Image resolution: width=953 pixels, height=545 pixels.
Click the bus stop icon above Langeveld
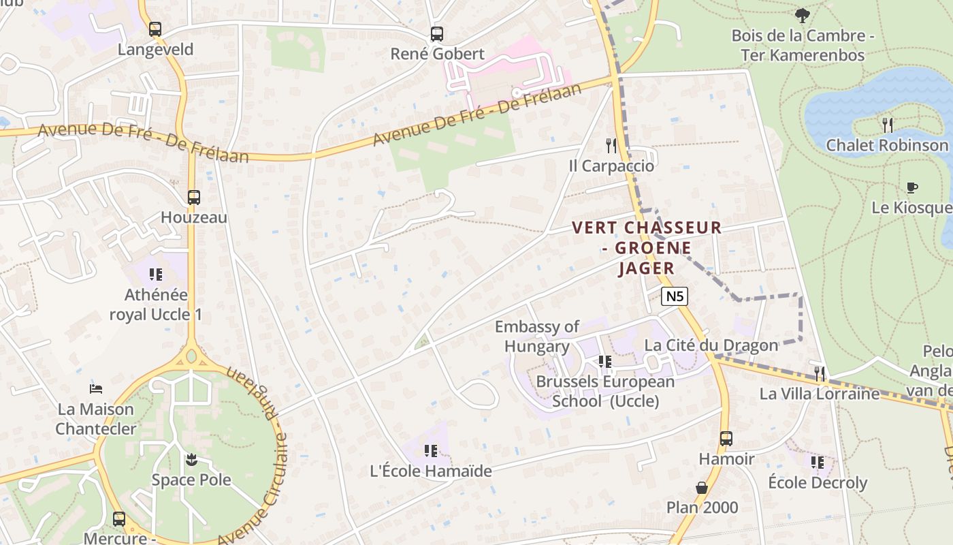[155, 29]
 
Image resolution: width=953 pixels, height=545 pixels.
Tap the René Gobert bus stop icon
[437, 34]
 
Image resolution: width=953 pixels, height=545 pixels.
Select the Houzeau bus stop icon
[194, 198]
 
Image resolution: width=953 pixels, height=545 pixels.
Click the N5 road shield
[675, 296]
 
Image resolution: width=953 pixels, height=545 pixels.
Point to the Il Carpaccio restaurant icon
[611, 146]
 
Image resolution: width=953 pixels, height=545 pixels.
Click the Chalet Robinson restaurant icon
[888, 125]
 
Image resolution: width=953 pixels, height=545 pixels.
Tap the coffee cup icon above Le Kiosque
[912, 187]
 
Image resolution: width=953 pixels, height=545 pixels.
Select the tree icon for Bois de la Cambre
[803, 15]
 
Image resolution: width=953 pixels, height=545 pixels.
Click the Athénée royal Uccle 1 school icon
[156, 275]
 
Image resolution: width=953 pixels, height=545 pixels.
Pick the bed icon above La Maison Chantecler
[97, 389]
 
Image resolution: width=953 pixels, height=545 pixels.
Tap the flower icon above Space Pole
[191, 460]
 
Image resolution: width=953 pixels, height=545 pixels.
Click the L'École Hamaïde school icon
[430, 450]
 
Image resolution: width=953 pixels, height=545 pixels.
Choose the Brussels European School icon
[604, 361]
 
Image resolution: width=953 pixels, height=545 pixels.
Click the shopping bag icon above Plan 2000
[702, 488]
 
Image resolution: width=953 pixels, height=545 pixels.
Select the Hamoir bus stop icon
[726, 439]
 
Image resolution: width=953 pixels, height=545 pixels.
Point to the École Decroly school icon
[818, 463]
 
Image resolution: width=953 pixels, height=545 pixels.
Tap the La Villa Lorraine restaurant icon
[820, 373]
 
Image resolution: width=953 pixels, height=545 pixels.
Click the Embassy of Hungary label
[537, 337]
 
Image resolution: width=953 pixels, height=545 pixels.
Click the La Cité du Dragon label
[711, 345]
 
